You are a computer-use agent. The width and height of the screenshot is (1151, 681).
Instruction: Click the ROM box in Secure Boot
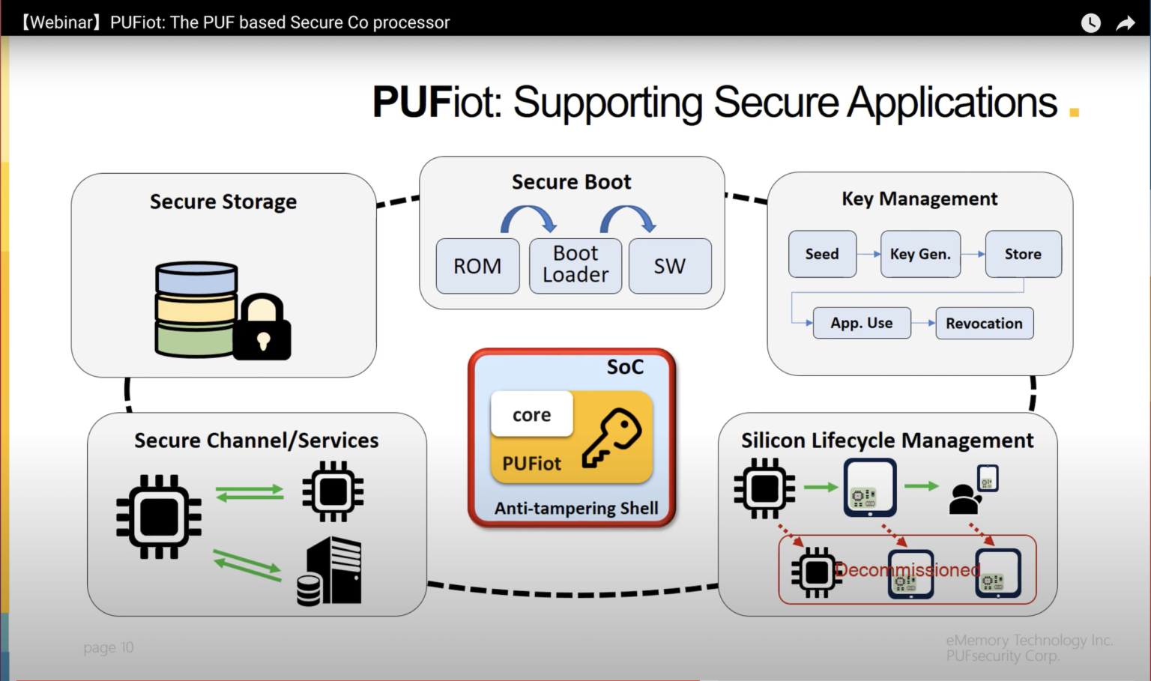(477, 266)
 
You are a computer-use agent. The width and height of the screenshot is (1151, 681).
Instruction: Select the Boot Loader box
(575, 265)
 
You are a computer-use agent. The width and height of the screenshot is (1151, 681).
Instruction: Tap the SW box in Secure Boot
(669, 266)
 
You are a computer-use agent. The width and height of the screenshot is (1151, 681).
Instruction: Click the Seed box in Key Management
(822, 254)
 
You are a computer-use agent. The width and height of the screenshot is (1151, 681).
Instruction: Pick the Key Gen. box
(920, 254)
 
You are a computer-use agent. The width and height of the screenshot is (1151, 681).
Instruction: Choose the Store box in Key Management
(1023, 254)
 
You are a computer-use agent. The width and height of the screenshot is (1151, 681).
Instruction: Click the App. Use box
(862, 323)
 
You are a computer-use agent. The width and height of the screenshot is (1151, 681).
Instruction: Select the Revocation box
(984, 323)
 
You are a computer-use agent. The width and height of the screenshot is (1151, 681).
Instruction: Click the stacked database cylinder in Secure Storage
(196, 309)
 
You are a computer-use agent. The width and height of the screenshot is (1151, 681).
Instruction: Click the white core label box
(531, 414)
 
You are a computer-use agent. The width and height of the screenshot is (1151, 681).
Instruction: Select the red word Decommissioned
(907, 570)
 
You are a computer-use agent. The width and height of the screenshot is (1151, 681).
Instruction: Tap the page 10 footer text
(109, 647)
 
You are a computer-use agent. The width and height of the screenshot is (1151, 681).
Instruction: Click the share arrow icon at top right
(1126, 23)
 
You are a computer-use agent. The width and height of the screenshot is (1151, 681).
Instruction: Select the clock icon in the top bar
(1090, 23)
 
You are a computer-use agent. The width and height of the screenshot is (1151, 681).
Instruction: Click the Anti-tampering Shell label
(575, 508)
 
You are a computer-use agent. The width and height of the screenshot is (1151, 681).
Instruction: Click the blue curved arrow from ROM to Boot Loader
(528, 219)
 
